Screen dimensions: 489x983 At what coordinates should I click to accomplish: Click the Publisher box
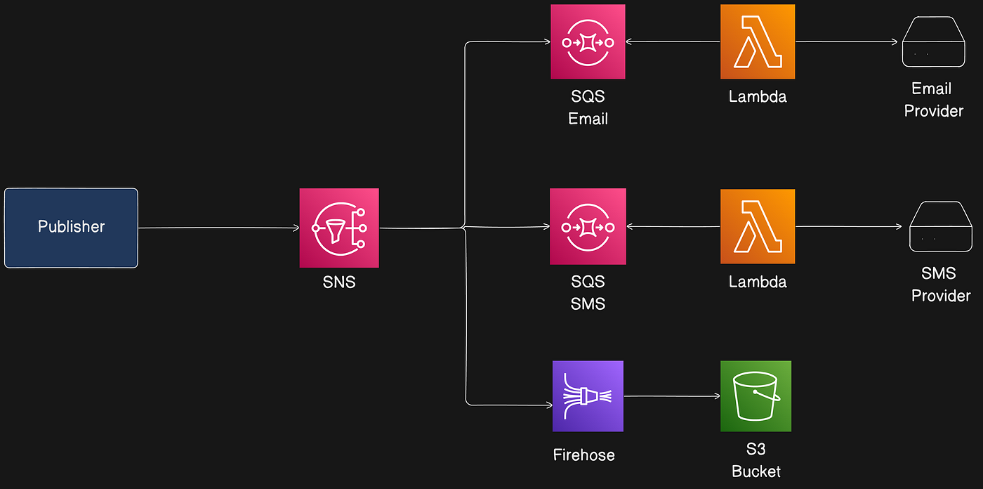71,228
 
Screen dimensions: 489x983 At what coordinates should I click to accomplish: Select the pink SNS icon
339,228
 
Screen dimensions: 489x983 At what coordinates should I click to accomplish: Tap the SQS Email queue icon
588,42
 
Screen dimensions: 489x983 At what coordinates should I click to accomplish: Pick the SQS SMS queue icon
588,227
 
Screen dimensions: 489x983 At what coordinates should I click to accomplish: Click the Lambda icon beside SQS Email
758,41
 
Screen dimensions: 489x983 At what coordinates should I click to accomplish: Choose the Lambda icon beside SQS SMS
758,226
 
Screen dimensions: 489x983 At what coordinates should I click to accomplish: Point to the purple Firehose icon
588,396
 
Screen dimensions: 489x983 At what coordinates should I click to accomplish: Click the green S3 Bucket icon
756,396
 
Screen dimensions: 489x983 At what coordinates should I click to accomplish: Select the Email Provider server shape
933,43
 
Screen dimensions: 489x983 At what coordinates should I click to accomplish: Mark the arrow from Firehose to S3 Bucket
672,396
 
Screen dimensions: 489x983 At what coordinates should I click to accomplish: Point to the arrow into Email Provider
847,42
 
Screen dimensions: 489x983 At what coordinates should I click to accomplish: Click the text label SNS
339,282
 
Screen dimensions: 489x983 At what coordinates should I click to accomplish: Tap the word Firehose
583,455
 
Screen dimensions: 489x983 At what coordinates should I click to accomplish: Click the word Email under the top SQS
588,119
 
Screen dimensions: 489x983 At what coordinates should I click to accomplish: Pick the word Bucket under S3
756,471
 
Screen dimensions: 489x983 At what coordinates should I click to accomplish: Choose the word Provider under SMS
941,296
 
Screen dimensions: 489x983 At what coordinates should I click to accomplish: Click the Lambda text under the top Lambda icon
758,97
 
